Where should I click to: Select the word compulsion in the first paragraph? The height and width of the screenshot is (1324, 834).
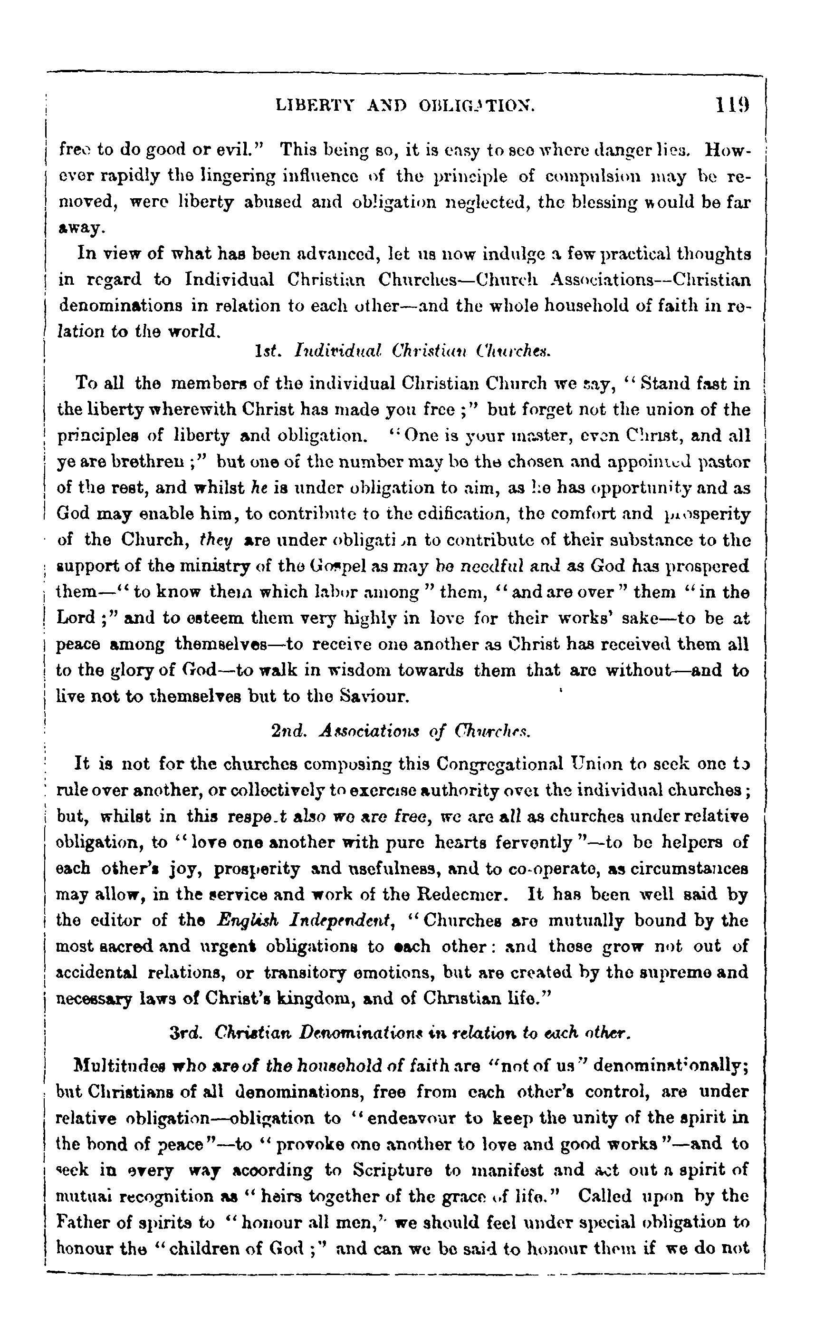[590, 178]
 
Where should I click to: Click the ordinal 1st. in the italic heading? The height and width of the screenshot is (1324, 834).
[268, 350]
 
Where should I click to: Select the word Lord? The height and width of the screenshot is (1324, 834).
[76, 619]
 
